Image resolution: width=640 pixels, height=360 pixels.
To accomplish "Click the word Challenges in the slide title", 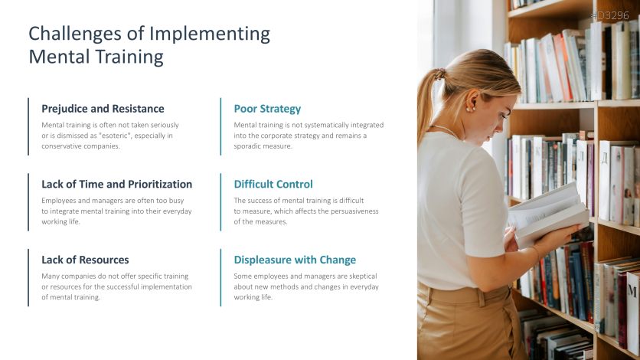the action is click(x=75, y=34).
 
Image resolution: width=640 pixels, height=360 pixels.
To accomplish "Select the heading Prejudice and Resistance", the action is click(x=103, y=109).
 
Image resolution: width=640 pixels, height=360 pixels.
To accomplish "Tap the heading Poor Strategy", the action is click(x=267, y=109).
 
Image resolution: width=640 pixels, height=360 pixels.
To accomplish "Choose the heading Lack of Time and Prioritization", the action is click(x=116, y=184).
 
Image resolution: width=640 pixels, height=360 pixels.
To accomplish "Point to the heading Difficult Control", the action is click(x=273, y=184).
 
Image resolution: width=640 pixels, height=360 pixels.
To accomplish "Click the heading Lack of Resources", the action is click(x=85, y=260).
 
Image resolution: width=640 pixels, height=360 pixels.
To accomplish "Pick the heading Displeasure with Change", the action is click(x=295, y=260).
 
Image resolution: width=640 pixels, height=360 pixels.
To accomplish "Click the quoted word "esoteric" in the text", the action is click(x=116, y=136).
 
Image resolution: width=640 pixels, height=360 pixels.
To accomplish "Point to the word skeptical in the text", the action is click(x=363, y=277).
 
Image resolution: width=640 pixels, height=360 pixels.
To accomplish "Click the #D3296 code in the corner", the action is click(x=610, y=15).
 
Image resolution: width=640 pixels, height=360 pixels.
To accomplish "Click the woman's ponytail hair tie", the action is click(x=440, y=74).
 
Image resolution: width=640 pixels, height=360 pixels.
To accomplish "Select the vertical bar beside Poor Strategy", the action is click(x=220, y=126).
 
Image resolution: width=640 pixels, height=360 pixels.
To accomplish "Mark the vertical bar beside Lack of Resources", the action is click(x=28, y=277).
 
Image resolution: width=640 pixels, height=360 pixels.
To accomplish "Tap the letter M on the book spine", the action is click(x=632, y=291).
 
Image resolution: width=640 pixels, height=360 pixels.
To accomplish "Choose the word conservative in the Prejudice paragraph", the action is click(x=60, y=146).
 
